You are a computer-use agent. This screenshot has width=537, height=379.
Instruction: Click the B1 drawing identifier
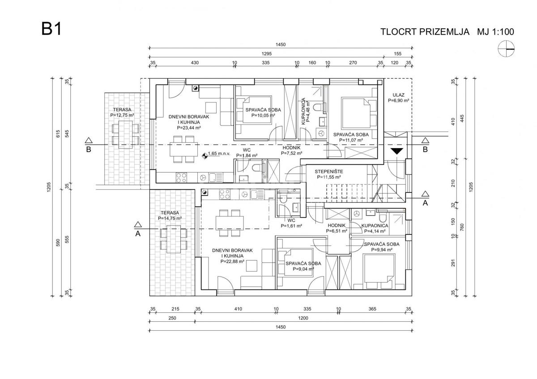51,29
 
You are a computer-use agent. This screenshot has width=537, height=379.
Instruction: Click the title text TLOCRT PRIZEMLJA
424,32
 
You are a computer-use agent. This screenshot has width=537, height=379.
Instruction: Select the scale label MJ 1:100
496,32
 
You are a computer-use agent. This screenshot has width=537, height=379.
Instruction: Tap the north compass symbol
506,48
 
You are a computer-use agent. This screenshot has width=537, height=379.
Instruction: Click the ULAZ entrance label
398,95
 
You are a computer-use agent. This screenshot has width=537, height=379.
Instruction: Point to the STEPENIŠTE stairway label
329,171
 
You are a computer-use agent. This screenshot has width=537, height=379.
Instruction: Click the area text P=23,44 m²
188,128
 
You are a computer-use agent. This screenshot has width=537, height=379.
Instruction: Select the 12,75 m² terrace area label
122,115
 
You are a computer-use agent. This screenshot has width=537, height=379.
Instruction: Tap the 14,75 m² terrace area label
170,218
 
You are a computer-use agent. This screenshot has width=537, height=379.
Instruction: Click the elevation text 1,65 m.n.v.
219,153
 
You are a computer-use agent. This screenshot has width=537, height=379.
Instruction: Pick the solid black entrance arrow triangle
396,151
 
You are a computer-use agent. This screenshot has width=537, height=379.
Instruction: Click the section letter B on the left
89,149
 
